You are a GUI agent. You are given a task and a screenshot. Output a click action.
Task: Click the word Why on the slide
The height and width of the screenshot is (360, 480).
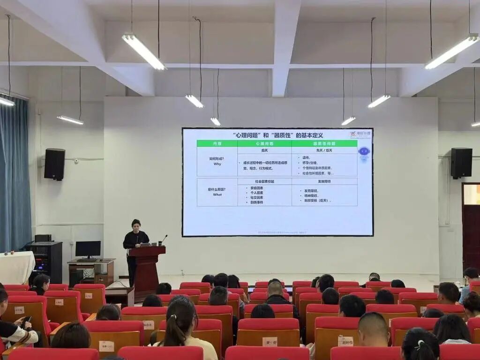coord(217,164)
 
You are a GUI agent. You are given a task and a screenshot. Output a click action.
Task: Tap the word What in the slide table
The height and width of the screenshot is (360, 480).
coord(217,195)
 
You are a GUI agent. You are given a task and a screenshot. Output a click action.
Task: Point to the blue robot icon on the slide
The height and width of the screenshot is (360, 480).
coord(364,152)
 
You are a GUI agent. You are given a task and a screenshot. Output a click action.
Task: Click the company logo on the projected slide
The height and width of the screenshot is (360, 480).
coord(360,134)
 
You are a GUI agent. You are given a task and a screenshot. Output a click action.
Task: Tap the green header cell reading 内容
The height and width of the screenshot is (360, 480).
coord(217,143)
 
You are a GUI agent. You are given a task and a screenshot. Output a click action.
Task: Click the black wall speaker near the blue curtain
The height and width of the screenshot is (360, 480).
coord(54,164)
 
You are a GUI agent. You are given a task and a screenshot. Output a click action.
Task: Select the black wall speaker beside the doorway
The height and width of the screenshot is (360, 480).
coord(461,163)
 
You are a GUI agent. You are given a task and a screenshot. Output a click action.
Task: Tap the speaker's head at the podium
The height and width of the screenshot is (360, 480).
coord(136,224)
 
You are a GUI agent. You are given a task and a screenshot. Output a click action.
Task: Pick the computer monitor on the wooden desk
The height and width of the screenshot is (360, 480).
coord(88,249)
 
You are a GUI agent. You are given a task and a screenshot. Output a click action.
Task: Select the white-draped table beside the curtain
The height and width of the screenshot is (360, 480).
coord(16,267)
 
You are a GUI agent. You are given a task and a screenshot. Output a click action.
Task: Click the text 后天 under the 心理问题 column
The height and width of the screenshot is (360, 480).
coord(264,150)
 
